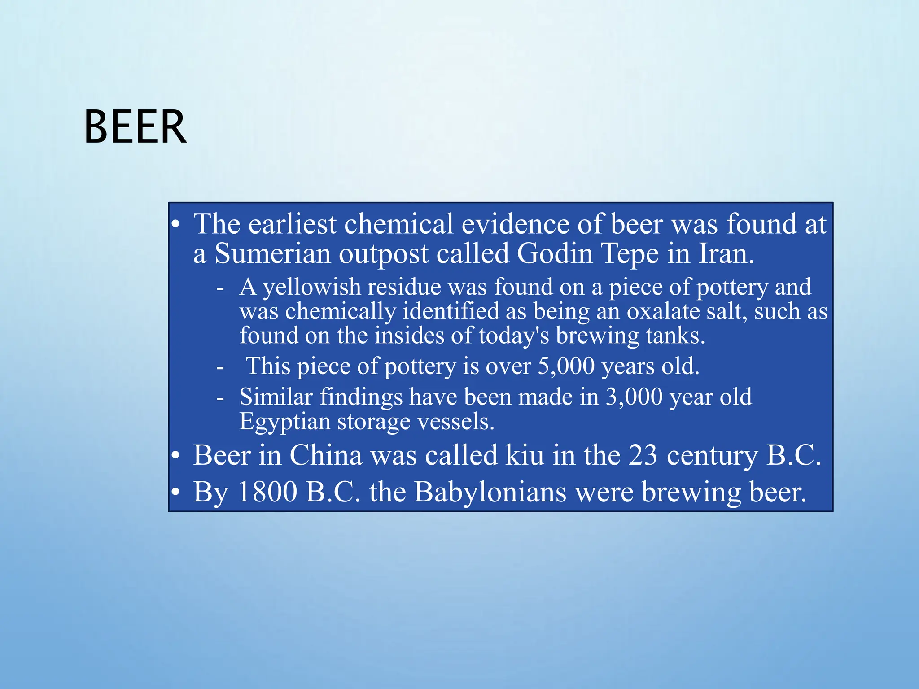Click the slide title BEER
[135, 127]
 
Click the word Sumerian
[272, 253]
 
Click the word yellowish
[312, 288]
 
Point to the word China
[326, 455]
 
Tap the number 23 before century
[643, 455]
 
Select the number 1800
[267, 492]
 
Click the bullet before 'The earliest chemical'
[176, 224]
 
